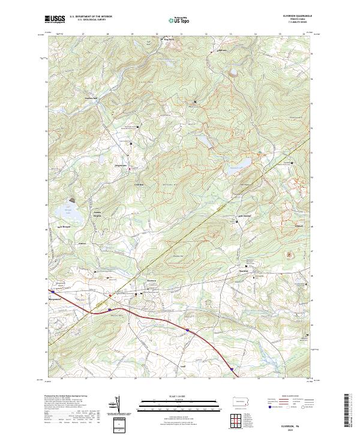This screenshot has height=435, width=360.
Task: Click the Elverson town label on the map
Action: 152,279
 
